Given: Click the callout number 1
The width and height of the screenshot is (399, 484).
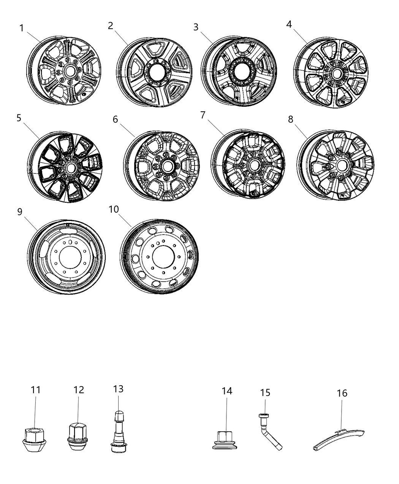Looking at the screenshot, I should (22, 28).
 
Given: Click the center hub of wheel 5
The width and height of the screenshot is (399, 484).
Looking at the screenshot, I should (70, 167).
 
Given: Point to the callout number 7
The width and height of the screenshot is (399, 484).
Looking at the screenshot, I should (203, 115).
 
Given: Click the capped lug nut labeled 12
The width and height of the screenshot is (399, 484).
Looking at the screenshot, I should (77, 438).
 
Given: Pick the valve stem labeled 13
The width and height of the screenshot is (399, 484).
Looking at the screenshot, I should (119, 431).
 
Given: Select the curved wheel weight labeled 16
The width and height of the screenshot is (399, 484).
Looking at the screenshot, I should (338, 439).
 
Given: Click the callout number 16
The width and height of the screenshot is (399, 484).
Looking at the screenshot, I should (342, 393).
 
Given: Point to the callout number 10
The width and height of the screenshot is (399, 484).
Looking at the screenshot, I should (114, 210).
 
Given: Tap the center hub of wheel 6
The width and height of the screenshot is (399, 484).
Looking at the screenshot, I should (167, 166).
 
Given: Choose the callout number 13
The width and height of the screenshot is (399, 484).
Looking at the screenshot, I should (118, 389).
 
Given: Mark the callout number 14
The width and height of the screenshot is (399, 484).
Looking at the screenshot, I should (227, 391).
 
